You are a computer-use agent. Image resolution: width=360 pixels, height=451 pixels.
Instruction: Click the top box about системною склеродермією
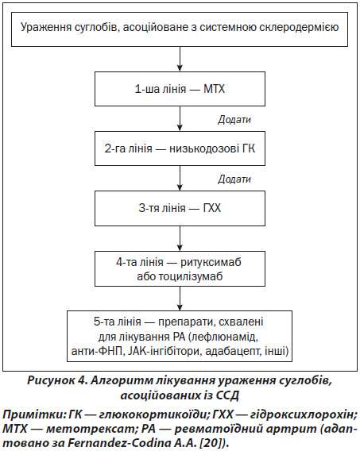pos(180,29)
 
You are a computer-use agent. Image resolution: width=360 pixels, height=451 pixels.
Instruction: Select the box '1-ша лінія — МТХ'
pos(180,89)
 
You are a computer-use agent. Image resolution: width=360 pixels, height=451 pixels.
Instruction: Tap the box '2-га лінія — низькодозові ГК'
pos(180,148)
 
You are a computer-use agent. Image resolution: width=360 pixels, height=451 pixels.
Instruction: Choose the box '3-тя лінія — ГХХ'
pos(180,208)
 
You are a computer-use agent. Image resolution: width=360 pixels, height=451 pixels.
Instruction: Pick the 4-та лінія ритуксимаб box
pos(180,268)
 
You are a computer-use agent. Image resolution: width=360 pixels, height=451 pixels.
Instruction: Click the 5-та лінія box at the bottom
pos(180,336)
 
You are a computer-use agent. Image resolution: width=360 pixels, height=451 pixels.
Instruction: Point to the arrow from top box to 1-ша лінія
pos(180,59)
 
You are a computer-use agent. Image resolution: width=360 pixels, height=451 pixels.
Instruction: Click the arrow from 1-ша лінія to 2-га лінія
pos(180,118)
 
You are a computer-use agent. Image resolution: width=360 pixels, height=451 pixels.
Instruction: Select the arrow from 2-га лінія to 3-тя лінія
pos(180,179)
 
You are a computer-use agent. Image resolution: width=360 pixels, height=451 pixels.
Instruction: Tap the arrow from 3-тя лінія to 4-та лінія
pos(180,238)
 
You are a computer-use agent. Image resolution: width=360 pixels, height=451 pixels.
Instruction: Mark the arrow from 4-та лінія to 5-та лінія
pos(180,299)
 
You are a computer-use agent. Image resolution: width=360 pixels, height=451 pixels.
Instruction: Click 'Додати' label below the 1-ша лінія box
pos(234,119)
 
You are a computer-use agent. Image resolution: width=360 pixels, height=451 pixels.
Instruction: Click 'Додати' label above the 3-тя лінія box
pos(234,179)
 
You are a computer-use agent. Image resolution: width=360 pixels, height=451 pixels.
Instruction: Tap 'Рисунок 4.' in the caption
pos(57,380)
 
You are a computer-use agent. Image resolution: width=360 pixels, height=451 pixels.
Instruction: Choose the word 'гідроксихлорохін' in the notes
pos(301,414)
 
